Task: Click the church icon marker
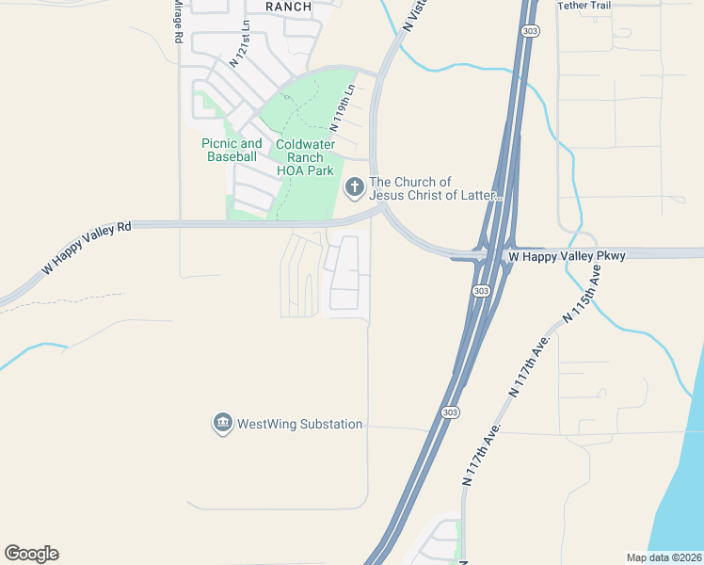pos(355,188)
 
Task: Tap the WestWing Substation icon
pos(223,424)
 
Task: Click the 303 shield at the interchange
pos(480,290)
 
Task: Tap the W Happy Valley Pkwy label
pos(553,256)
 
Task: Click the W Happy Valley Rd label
pos(85,250)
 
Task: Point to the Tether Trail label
pos(584,6)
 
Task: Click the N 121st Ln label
pos(240,45)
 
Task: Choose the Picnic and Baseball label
pos(232,150)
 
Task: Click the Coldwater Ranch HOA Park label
pos(305,158)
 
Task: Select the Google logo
pos(31,554)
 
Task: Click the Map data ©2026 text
pos(664,557)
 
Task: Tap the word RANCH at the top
pos(288,7)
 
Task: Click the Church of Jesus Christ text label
pos(435,188)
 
